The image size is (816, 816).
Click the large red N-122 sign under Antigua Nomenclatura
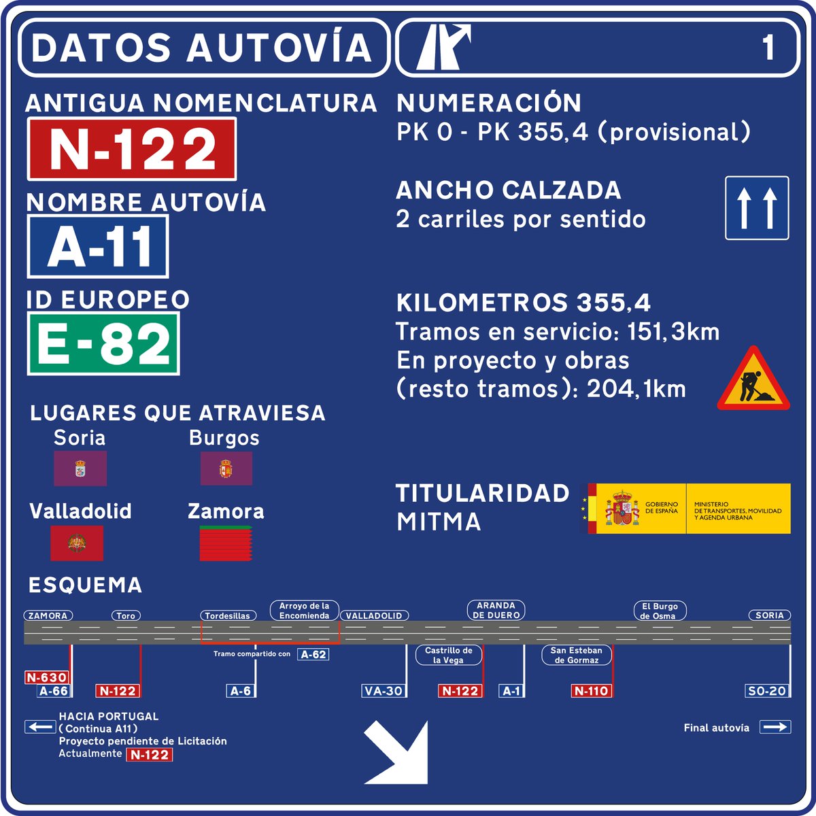pos(132,149)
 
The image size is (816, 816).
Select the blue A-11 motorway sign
pos(98,247)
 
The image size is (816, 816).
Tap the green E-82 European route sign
pos(103,343)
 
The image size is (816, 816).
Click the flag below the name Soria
pos(80,469)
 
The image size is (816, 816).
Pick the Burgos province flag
pos(226,469)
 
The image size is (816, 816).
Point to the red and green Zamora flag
pos(226,543)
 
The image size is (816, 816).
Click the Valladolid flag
pos(77,543)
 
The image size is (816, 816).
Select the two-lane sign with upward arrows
pos(757,208)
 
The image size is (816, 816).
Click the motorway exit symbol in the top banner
pos(443,47)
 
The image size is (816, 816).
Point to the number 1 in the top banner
pos(768,48)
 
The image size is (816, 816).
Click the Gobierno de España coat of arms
pos(622,509)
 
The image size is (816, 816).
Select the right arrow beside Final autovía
pos(775,728)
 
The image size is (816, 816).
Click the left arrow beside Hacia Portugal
pos(40,727)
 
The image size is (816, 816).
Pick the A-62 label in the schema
pos(313,654)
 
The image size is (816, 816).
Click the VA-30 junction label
pos(384,691)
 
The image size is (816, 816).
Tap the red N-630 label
pos(47,677)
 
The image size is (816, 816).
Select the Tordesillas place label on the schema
pos(228,615)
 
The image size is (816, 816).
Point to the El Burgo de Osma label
pos(660,611)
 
